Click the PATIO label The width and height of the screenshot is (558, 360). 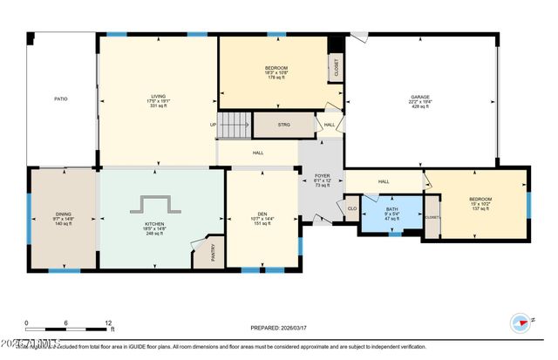[60, 98]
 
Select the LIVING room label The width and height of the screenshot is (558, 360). [159, 98]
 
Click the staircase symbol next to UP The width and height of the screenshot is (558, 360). [234, 126]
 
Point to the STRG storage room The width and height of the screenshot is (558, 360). [283, 125]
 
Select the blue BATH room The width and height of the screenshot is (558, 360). [392, 213]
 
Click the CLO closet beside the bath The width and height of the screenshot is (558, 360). [351, 208]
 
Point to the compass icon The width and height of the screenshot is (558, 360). [522, 322]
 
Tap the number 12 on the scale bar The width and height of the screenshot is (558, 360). [109, 323]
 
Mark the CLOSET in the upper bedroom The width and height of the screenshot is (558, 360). [337, 69]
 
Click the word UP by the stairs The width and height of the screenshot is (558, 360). [213, 124]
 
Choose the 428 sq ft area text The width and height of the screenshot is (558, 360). [421, 106]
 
